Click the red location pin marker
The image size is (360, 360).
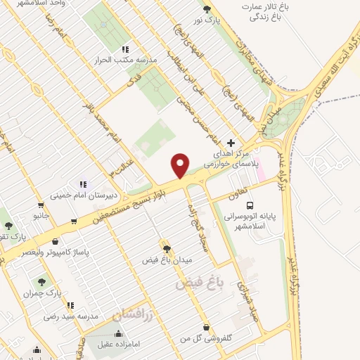pos(181,165)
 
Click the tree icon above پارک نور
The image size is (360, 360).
pos(207,9)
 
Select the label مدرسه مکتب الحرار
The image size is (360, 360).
pos(124,60)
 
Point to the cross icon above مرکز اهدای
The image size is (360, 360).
pos(231,143)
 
